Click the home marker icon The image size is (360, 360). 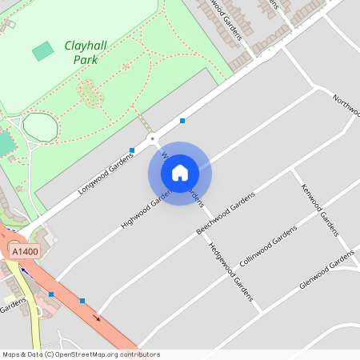(180, 172)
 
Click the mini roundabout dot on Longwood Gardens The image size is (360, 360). (152, 138)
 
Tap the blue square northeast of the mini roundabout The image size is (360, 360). (183, 121)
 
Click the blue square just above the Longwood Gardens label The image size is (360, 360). (132, 150)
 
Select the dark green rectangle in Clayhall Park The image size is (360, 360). (43, 51)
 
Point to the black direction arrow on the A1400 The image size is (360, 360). (98, 317)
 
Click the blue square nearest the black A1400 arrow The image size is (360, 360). (82, 301)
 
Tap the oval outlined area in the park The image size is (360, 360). (40, 126)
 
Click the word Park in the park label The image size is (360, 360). (86, 59)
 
